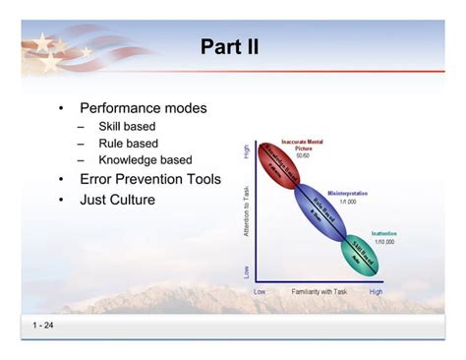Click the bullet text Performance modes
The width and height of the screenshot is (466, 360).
coord(143,108)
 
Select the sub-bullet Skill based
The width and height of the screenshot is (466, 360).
coord(127,127)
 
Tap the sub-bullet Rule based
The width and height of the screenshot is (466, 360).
coord(128,144)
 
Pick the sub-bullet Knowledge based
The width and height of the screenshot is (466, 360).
coord(145,160)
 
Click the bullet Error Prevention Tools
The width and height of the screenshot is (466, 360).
coord(149,180)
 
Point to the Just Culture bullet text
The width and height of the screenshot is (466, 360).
coord(117,200)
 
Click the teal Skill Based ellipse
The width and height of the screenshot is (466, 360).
coord(361,253)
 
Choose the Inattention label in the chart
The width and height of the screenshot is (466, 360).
coord(384,233)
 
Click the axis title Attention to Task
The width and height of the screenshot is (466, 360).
coord(246,210)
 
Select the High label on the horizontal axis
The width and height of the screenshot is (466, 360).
coord(376,292)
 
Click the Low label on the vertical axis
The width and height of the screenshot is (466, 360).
coord(246,270)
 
